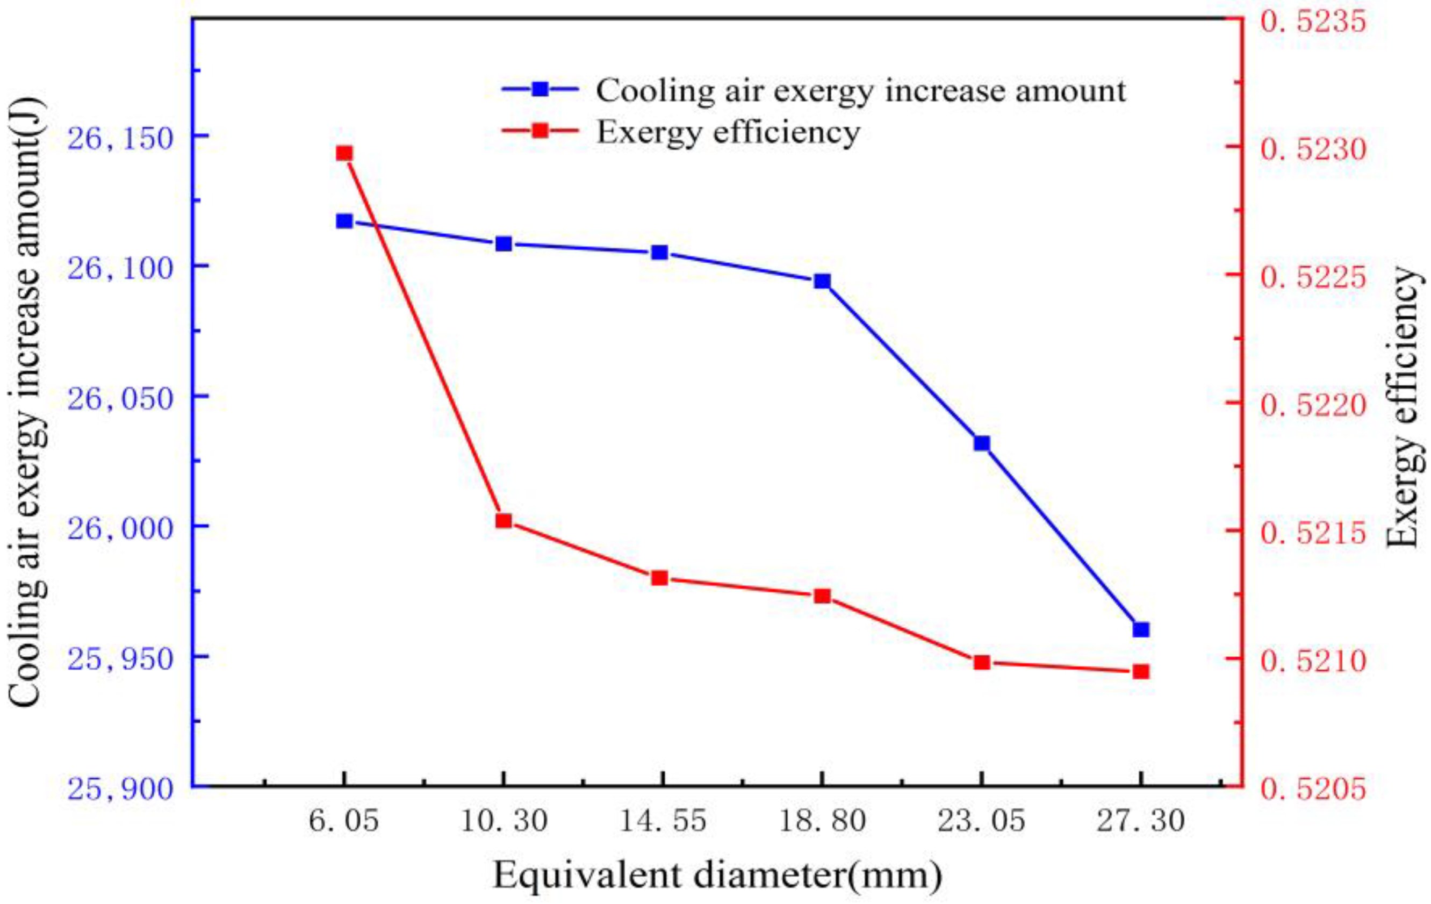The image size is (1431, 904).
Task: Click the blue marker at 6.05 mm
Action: (344, 221)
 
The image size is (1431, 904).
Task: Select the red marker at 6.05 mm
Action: (344, 153)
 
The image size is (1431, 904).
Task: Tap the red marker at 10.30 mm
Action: (504, 521)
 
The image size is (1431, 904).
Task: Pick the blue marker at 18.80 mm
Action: (822, 281)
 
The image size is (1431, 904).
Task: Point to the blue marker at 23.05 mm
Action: (982, 443)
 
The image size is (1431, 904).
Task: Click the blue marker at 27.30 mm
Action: (1141, 630)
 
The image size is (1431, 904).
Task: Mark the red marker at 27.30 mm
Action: (1141, 672)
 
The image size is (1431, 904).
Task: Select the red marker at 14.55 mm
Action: (660, 578)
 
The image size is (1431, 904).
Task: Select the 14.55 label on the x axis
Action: (663, 822)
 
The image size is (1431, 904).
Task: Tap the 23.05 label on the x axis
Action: (982, 822)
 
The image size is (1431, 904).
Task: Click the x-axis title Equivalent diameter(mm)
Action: (717, 876)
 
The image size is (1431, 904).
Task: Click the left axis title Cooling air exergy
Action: (27, 404)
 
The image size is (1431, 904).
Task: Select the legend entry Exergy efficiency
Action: (728, 131)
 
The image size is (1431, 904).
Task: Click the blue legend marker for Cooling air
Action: (540, 89)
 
